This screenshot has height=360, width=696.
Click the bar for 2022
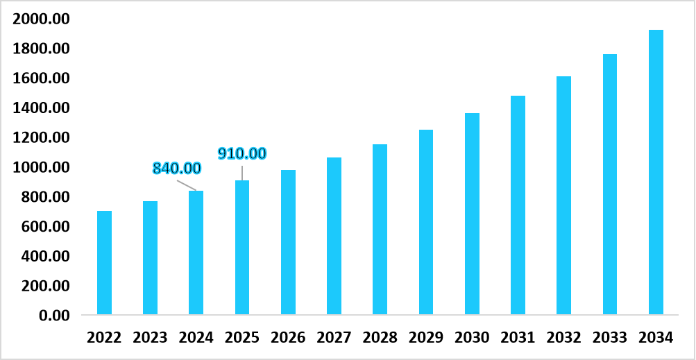point(104,263)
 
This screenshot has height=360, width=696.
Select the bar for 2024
point(196,252)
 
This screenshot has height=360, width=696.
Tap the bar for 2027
point(334,236)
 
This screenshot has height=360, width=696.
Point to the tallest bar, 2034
point(656,173)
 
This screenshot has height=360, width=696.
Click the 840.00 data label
point(176,169)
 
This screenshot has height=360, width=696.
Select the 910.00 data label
point(242,154)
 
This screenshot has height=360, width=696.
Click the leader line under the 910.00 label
point(242,172)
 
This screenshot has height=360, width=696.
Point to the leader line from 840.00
point(186,185)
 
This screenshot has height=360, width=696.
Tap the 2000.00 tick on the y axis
point(42,19)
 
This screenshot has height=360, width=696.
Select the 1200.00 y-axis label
point(42,138)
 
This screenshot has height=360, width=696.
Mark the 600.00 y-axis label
point(46,227)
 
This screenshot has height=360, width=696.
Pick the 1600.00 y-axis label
point(42,78)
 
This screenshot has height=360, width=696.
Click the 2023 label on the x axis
point(150,338)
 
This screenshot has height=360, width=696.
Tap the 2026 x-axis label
point(288,338)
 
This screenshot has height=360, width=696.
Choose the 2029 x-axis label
point(426,338)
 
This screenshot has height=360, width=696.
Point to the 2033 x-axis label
point(610,338)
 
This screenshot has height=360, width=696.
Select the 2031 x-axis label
point(518,338)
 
